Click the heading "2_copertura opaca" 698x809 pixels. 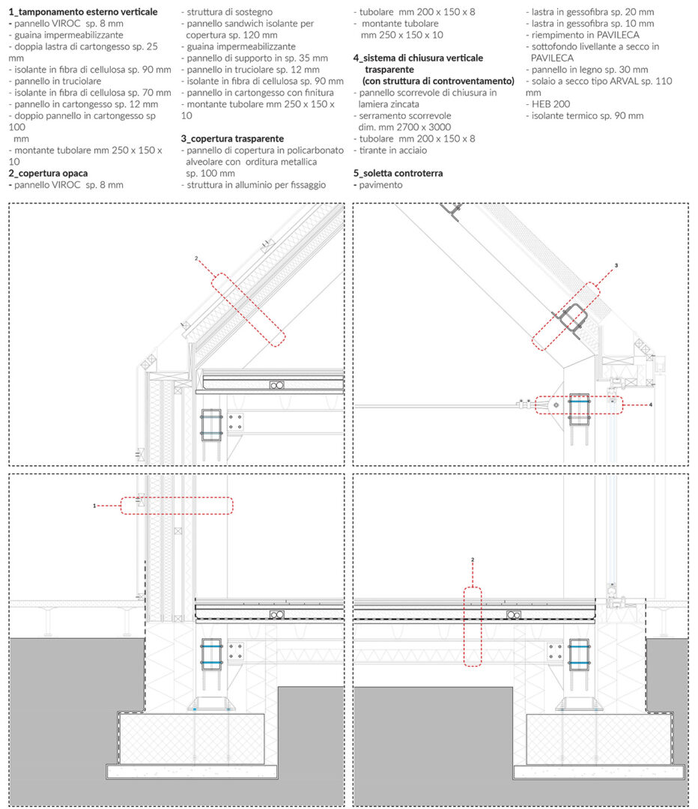click(48, 173)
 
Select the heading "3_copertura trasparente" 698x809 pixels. click(232, 139)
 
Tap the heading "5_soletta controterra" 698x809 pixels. click(398, 173)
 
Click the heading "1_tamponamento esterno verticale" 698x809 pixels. click(83, 12)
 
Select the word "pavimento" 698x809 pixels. click(380, 185)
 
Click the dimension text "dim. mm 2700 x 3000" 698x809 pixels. click(404, 127)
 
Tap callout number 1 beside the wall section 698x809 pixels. click(94, 506)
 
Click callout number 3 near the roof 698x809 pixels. click(616, 266)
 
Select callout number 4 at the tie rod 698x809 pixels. click(651, 405)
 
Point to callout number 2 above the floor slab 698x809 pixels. click(472, 560)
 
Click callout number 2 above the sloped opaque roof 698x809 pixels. click(196, 258)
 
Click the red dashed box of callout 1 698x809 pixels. click(177, 497)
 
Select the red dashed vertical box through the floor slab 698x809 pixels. click(464, 627)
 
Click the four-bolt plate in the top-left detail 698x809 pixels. click(234, 422)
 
